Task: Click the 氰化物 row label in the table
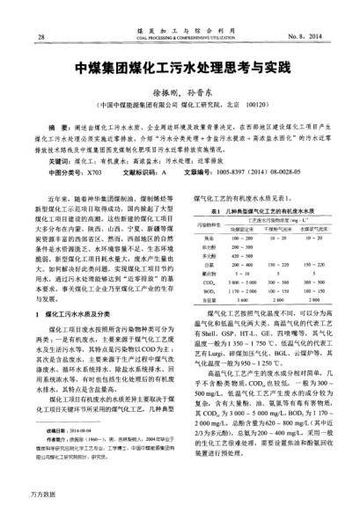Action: (209, 273)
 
